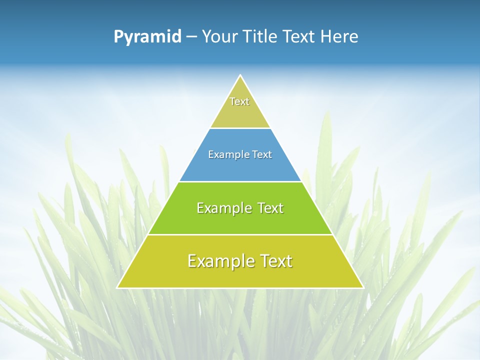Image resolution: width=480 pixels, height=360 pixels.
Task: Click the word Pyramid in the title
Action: coord(147,37)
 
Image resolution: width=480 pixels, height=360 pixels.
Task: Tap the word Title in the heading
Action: coord(261,36)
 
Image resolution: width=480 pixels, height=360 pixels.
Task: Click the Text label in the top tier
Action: coord(239,101)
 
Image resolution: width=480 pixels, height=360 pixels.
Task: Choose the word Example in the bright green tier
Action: coord(223,208)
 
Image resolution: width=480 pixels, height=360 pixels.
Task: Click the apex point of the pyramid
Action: coord(240,75)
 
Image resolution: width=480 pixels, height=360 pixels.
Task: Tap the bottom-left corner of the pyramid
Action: coord(117,287)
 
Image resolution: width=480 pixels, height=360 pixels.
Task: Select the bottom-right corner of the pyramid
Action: coord(363,287)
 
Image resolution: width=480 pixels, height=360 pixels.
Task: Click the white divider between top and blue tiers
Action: coord(240,128)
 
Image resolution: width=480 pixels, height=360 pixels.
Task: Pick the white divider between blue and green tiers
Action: coord(240,181)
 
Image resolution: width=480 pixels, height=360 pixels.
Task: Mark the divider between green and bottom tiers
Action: coord(240,234)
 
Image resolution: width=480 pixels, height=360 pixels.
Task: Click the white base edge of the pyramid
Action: coord(240,288)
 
